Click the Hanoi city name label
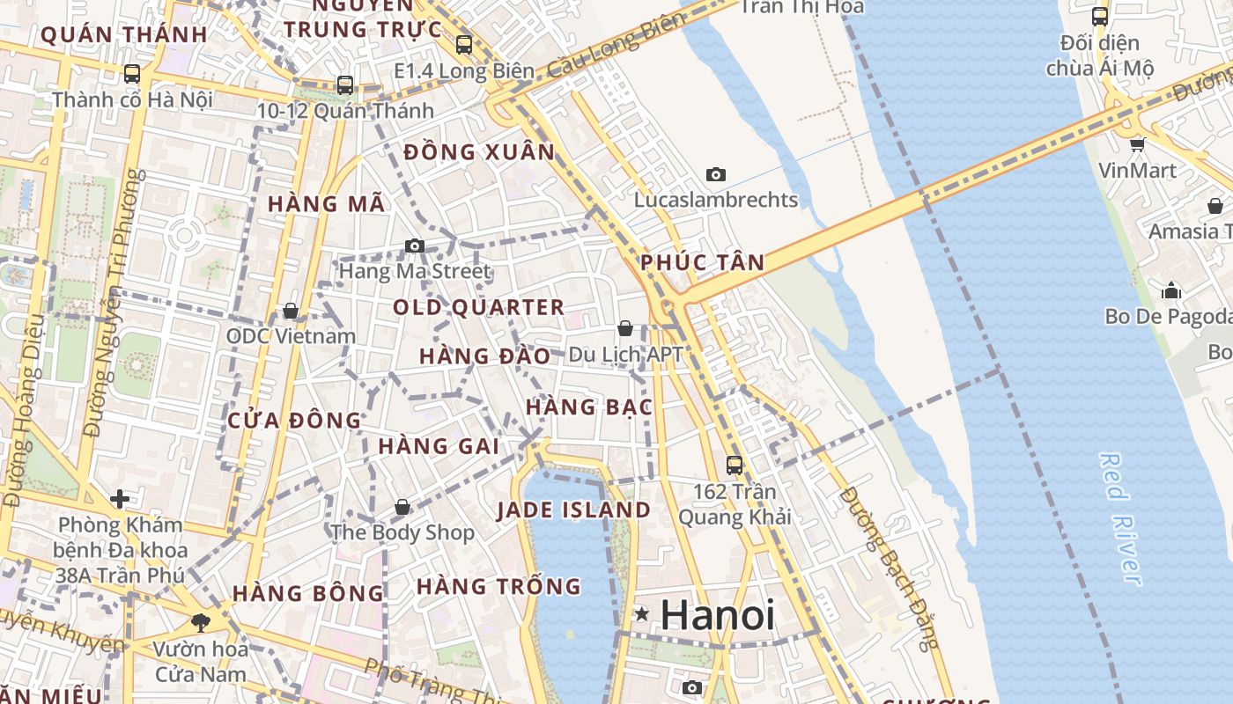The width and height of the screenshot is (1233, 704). (717, 615)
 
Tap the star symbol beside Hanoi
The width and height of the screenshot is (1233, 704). (642, 613)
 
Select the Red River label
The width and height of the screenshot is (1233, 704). (1120, 519)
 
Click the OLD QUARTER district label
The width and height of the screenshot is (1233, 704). (478, 307)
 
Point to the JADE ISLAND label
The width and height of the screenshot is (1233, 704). (573, 510)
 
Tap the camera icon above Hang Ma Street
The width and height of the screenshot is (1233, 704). (415, 246)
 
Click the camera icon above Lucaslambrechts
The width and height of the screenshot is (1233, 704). (716, 174)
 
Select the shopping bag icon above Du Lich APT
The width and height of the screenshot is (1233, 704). (625, 328)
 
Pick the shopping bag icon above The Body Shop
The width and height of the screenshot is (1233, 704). (402, 507)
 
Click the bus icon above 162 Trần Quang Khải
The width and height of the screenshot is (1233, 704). (735, 465)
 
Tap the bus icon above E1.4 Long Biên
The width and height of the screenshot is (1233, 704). (464, 44)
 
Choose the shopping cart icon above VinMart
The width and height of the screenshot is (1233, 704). (1137, 143)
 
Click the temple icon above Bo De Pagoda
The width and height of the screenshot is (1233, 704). (1171, 290)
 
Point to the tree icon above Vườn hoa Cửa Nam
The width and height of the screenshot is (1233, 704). (201, 622)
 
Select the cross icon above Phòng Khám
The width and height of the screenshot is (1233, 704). (119, 499)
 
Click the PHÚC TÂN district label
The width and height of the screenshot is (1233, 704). (702, 262)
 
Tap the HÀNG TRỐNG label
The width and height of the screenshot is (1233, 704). (498, 586)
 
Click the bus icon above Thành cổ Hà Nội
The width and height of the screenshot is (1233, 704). (132, 73)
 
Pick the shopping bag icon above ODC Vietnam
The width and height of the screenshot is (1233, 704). (291, 311)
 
